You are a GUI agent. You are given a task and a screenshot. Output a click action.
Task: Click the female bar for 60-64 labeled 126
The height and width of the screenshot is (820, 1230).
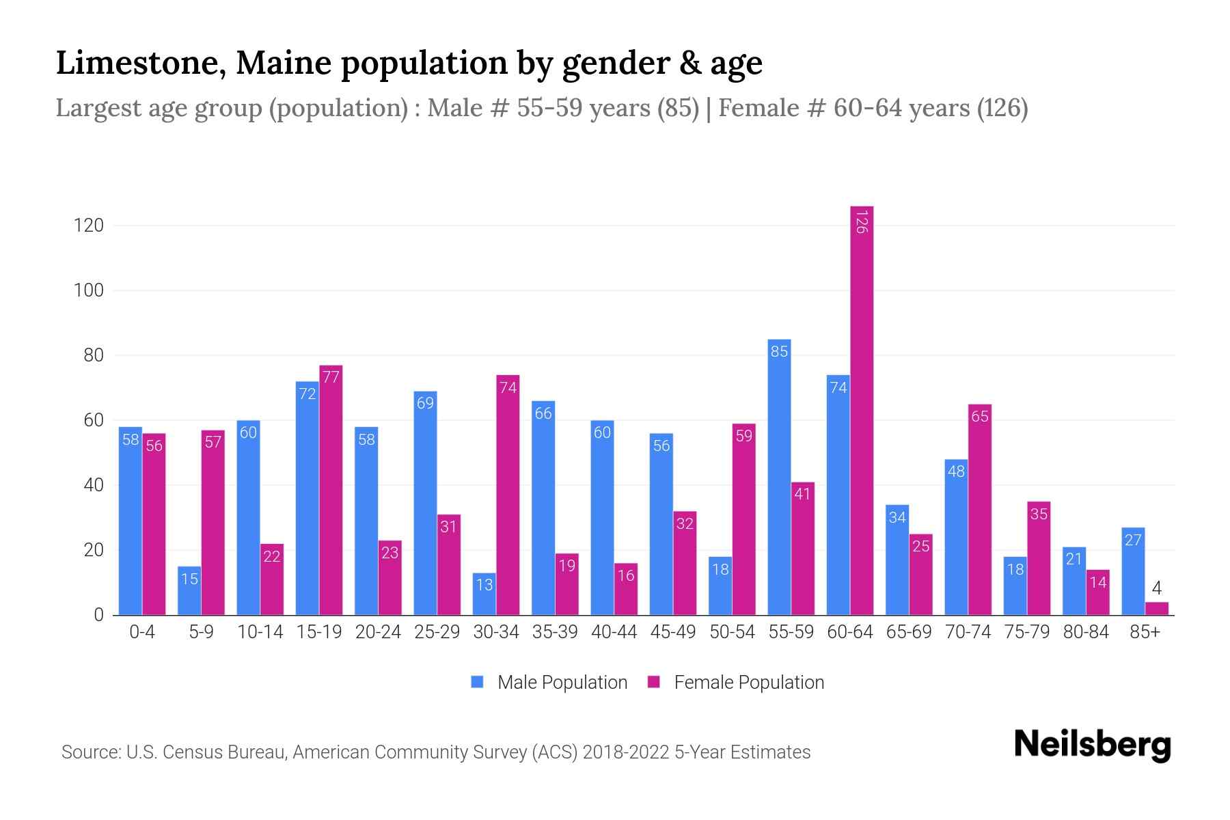(862, 410)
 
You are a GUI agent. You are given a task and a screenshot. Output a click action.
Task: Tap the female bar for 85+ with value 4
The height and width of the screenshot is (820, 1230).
(1156, 608)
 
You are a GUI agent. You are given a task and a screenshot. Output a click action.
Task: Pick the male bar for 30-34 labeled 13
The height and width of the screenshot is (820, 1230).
(484, 594)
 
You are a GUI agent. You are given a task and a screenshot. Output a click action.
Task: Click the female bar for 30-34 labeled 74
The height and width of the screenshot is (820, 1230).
(508, 495)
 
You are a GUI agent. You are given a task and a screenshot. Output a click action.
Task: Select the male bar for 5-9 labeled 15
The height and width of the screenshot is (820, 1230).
(189, 590)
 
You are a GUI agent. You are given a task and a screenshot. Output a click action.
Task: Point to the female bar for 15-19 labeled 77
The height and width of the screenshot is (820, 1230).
(331, 490)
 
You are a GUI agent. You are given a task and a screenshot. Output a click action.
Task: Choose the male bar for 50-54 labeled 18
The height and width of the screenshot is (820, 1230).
(720, 586)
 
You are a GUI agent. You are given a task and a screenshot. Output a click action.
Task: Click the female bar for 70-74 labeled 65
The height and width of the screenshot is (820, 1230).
(980, 509)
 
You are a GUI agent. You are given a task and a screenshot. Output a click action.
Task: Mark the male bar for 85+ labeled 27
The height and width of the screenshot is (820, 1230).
(1133, 571)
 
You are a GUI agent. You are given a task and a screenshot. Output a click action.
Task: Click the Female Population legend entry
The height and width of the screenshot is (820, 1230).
(735, 683)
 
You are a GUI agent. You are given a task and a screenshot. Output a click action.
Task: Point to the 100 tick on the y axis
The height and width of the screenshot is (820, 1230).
(89, 290)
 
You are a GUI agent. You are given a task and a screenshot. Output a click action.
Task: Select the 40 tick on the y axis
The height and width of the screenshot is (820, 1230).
(93, 485)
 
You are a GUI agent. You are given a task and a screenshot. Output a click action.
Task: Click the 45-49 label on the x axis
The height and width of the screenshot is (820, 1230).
(672, 632)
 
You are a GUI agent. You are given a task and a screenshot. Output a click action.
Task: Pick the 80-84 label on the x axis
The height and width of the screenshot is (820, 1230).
(1086, 632)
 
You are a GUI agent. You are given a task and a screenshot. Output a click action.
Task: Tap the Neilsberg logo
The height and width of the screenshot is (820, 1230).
(1092, 745)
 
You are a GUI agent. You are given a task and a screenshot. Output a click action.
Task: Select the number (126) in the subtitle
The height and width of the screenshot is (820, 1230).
(1002, 108)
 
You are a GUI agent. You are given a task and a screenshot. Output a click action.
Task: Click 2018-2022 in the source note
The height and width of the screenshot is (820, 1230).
(626, 752)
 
